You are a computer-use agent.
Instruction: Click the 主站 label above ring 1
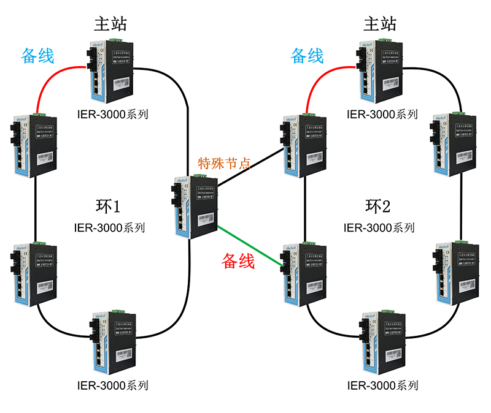[110, 24]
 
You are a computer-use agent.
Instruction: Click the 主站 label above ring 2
[380, 24]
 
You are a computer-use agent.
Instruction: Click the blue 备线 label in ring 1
[37, 56]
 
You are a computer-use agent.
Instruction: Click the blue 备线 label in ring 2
[307, 56]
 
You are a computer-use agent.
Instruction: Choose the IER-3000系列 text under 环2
[379, 227]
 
